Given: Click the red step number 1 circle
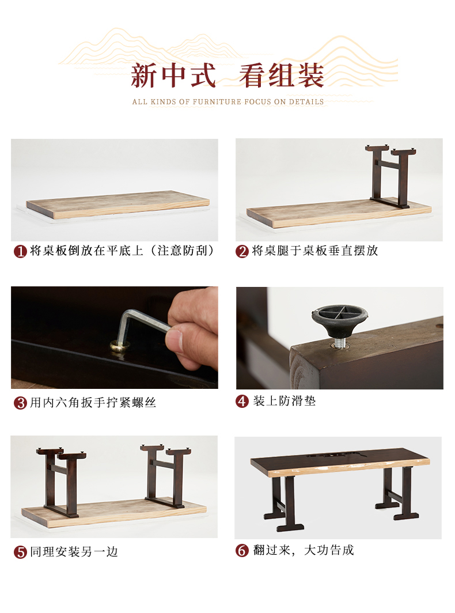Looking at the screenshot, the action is [20, 251].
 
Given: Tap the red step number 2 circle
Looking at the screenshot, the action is [242, 251].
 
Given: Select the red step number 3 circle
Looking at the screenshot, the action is [20, 403].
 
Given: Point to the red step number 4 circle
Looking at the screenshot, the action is [242, 401].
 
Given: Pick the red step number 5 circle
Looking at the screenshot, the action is [20, 552].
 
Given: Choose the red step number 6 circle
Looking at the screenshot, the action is [242, 550].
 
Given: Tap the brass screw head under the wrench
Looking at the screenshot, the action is [119, 346].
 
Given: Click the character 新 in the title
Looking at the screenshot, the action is [145, 75].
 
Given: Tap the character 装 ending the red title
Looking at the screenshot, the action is [310, 75].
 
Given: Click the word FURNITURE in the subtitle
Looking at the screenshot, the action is [217, 102].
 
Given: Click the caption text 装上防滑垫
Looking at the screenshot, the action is [285, 401].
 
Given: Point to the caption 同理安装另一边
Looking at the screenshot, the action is [74, 552].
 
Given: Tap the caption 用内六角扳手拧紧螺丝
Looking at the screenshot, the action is [93, 403].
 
